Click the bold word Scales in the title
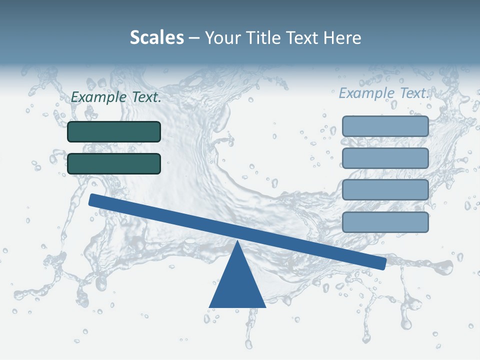pyautogui.click(x=157, y=37)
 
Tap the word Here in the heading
pyautogui.click(x=342, y=37)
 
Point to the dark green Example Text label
pyautogui.click(x=116, y=97)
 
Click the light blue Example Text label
pyautogui.click(x=384, y=93)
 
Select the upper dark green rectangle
pyautogui.click(x=114, y=131)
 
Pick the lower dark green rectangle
pyautogui.click(x=114, y=163)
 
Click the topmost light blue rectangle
pyautogui.click(x=385, y=126)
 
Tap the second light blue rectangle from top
pyautogui.click(x=385, y=158)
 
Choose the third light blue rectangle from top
pyautogui.click(x=385, y=190)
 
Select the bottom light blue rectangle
pyautogui.click(x=385, y=222)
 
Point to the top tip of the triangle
pyautogui.click(x=237, y=241)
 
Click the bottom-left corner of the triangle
pyautogui.click(x=210, y=306)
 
